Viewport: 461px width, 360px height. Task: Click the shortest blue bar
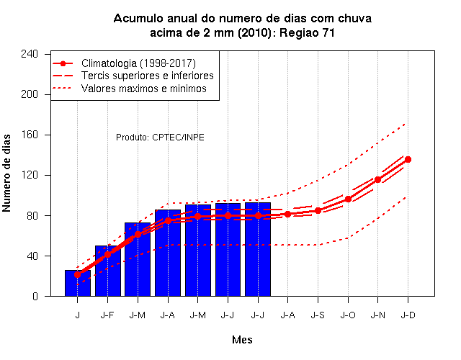click(78, 283)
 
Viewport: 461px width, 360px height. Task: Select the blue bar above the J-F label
click(108, 271)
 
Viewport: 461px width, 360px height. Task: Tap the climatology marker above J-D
click(408, 160)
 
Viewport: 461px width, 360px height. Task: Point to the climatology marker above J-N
click(377, 179)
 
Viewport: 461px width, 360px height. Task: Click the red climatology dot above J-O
click(348, 199)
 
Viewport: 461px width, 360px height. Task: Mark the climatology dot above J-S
click(318, 210)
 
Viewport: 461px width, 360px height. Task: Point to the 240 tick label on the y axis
click(30, 54)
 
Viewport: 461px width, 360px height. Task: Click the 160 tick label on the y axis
click(30, 135)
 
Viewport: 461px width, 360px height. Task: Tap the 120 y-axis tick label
click(30, 175)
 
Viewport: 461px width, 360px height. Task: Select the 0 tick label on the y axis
click(35, 296)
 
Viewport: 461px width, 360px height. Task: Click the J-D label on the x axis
click(408, 315)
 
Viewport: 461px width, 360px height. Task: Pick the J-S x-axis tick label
click(318, 315)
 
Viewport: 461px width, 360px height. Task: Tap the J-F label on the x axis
click(107, 315)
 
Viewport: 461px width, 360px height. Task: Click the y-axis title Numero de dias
click(6, 174)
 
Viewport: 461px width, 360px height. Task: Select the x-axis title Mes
click(242, 340)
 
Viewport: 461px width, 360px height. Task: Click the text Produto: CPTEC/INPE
click(160, 138)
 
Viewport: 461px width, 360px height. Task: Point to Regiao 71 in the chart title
click(307, 33)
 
